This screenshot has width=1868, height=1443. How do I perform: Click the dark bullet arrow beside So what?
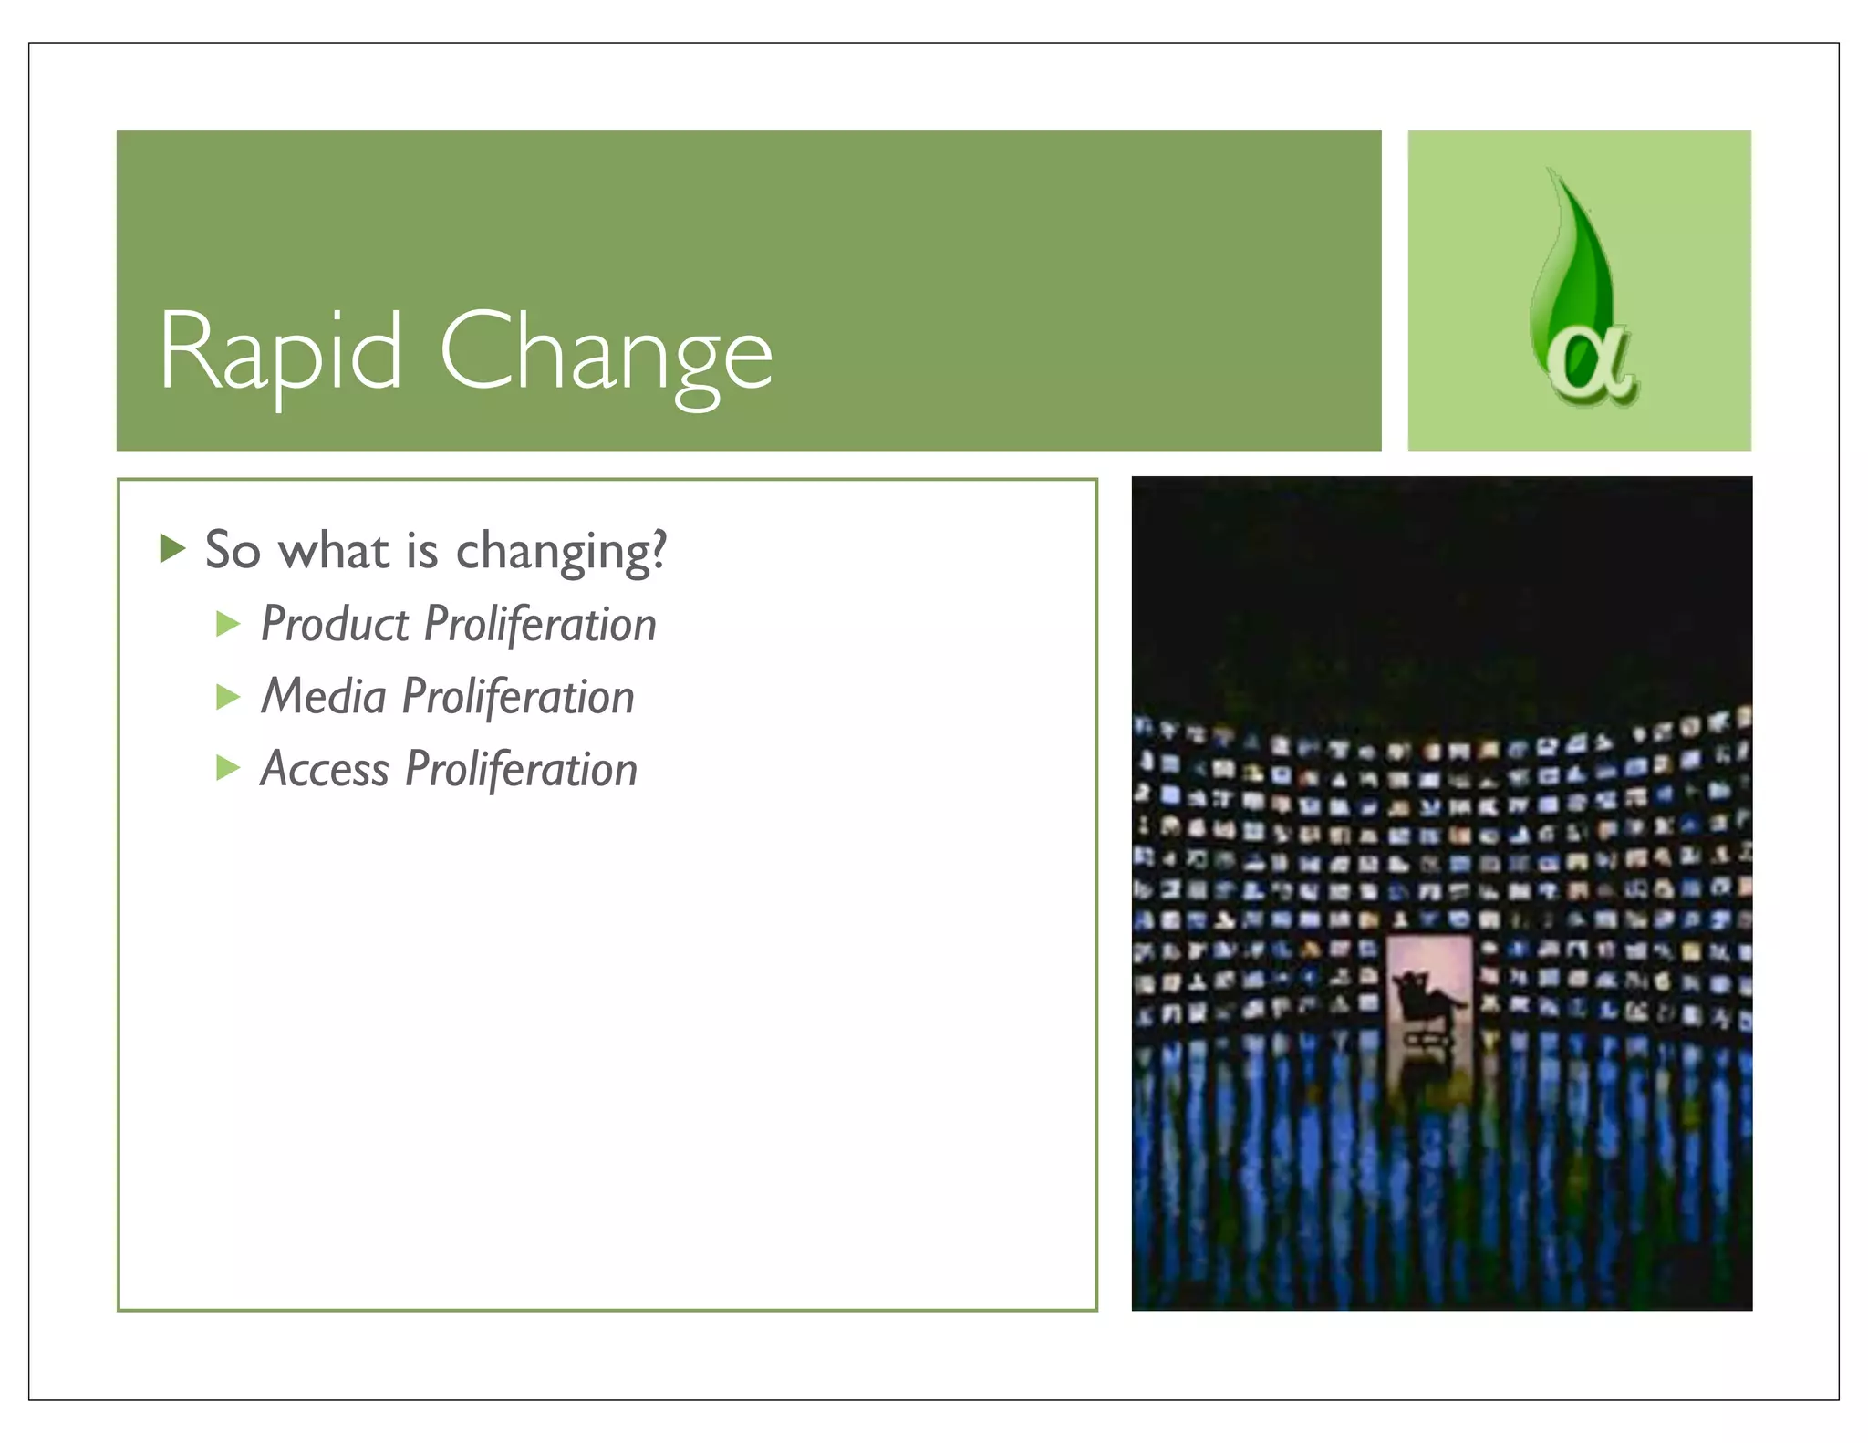[x=171, y=548]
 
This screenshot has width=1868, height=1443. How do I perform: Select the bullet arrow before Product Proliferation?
[x=228, y=624]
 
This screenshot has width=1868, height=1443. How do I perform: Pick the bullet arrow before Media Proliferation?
[x=228, y=697]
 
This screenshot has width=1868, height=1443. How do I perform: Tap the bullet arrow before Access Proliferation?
[x=228, y=768]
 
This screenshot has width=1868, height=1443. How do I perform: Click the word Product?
[x=335, y=625]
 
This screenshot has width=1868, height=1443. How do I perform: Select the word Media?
[x=324, y=697]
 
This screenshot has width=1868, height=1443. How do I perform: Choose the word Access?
[x=325, y=769]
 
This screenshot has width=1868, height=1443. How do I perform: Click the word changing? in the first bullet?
[x=561, y=552]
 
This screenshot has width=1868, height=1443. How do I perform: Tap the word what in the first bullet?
[x=334, y=550]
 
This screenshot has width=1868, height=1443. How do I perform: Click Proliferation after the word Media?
[x=518, y=698]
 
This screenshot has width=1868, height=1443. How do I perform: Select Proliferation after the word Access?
[x=521, y=769]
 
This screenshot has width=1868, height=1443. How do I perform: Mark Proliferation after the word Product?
[x=540, y=625]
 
